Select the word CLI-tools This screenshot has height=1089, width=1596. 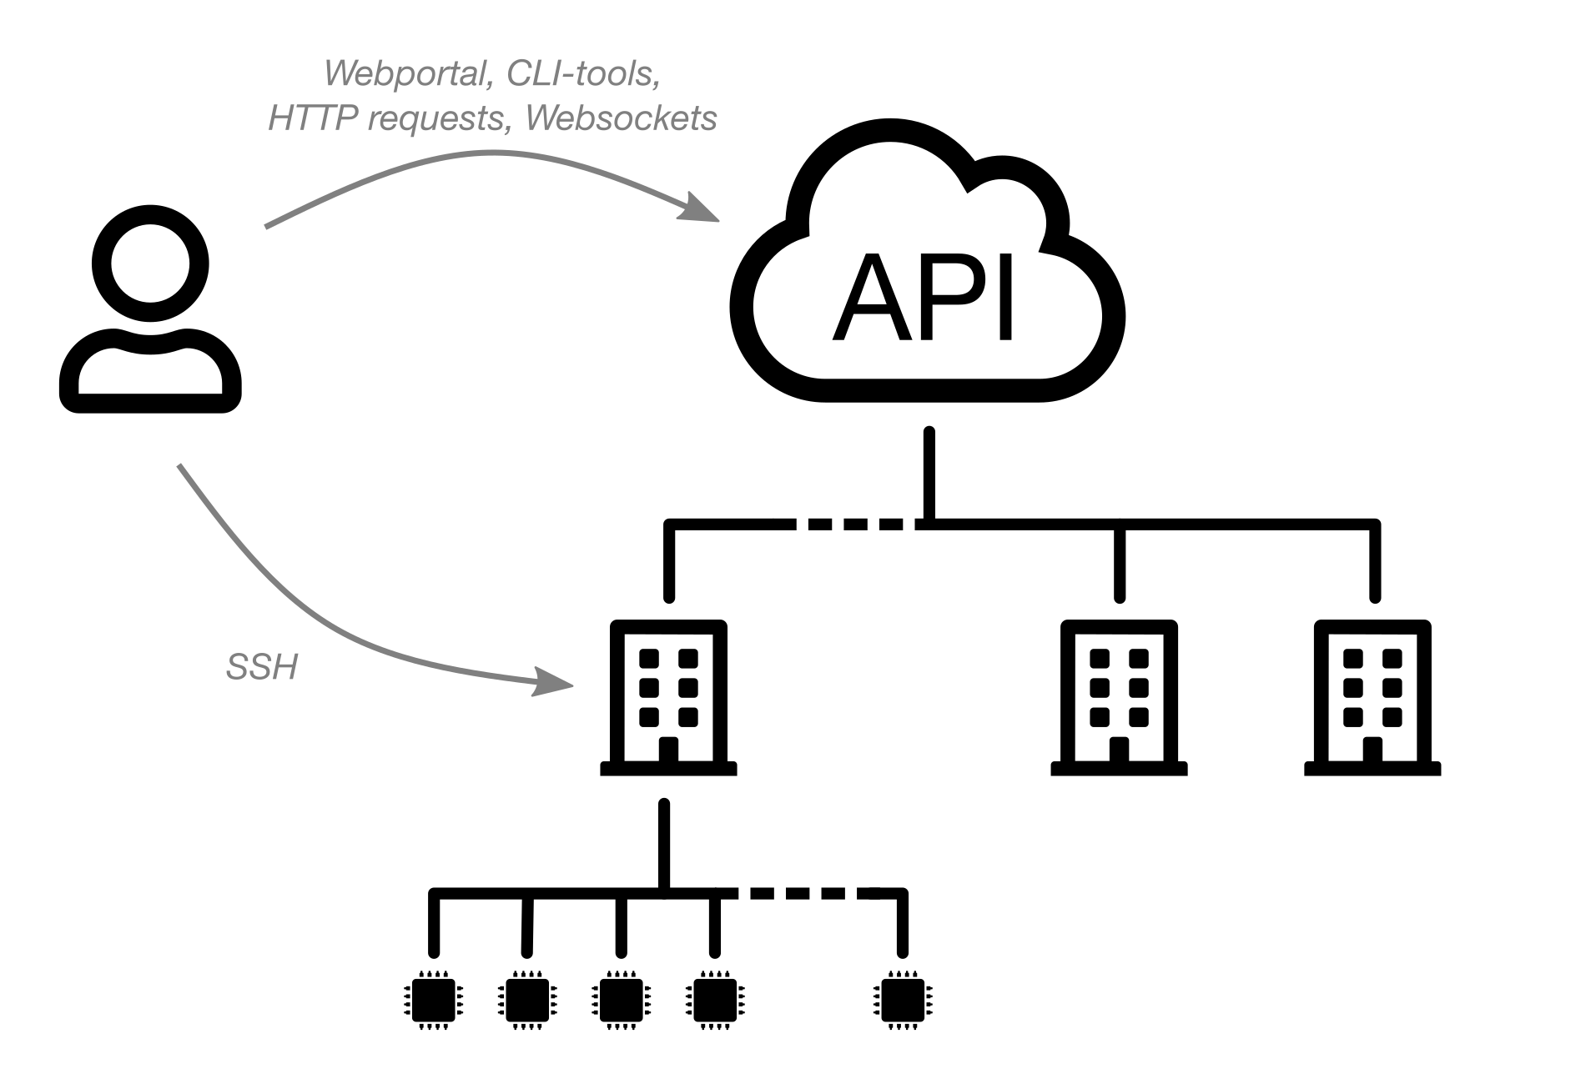[x=582, y=74]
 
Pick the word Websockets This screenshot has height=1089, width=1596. [x=622, y=118]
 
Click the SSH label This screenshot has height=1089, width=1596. [x=262, y=668]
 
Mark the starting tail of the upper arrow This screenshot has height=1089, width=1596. [x=267, y=225]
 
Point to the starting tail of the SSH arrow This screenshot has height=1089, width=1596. [x=179, y=466]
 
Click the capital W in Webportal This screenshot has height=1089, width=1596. [x=340, y=74]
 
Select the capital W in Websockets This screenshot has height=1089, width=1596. [x=542, y=118]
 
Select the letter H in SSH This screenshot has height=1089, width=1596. [x=284, y=668]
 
